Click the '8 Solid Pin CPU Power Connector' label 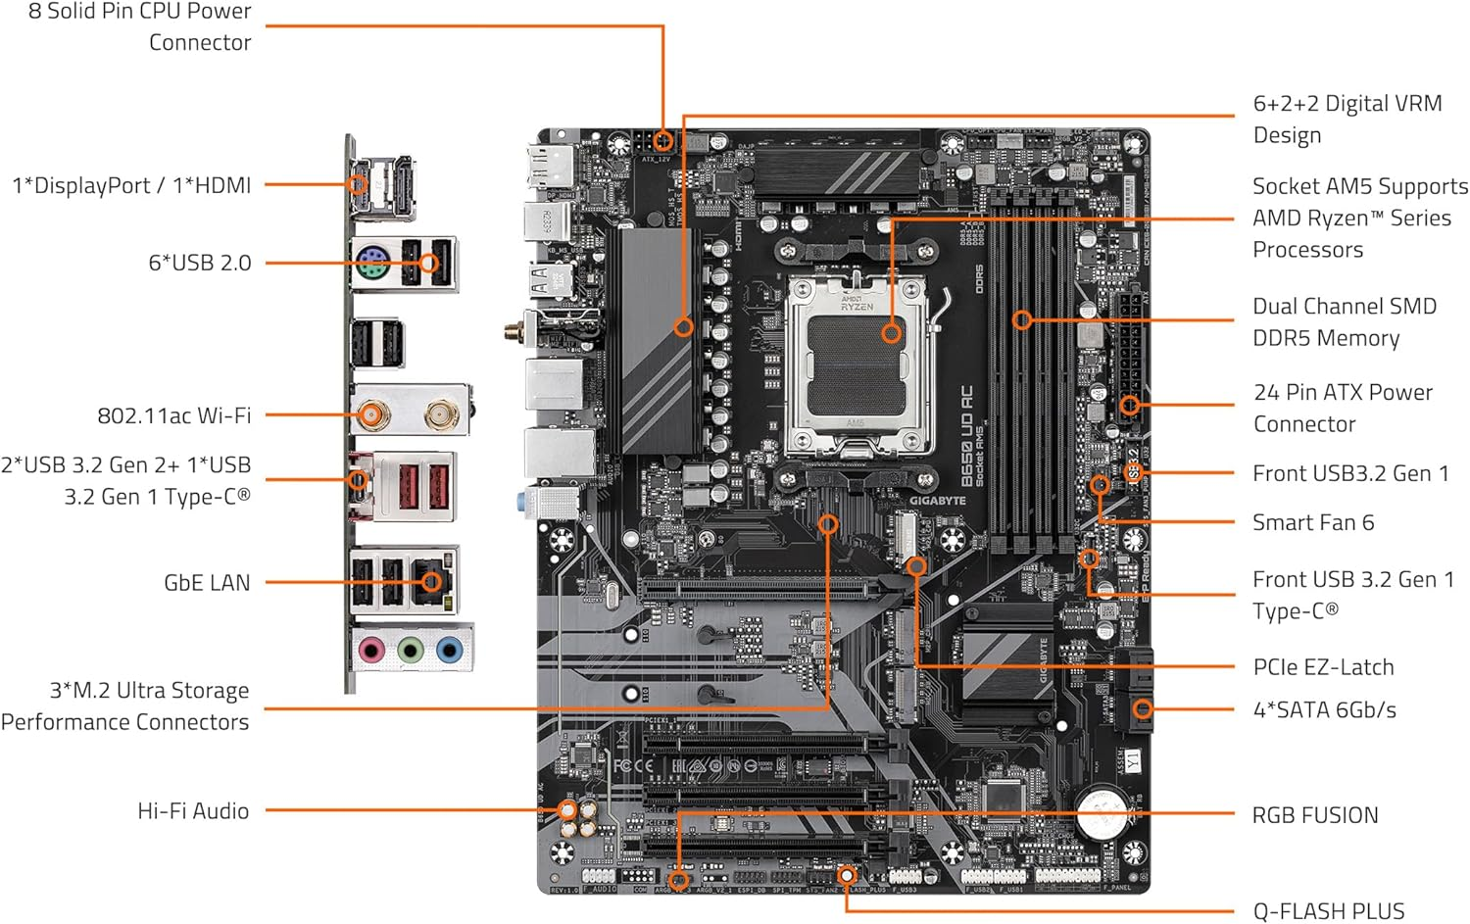tap(139, 26)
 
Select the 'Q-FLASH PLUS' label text tap(1328, 910)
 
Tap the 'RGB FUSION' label tap(1314, 814)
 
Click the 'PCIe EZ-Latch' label tap(1322, 666)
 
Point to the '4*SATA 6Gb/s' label tap(1324, 709)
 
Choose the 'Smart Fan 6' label tap(1312, 522)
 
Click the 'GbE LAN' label tap(207, 582)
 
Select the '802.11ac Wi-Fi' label tap(173, 415)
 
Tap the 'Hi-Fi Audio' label tap(193, 810)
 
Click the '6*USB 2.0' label tap(199, 263)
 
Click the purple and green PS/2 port tap(371, 264)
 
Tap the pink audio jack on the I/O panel tap(371, 649)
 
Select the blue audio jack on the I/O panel tap(450, 649)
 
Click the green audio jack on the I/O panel tap(411, 649)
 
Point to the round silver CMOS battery tap(1102, 812)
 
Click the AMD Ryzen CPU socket tap(859, 359)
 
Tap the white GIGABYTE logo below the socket tap(937, 501)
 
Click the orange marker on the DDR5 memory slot tap(1022, 319)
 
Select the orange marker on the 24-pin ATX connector tap(1129, 405)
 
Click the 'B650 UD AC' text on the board tap(966, 436)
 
